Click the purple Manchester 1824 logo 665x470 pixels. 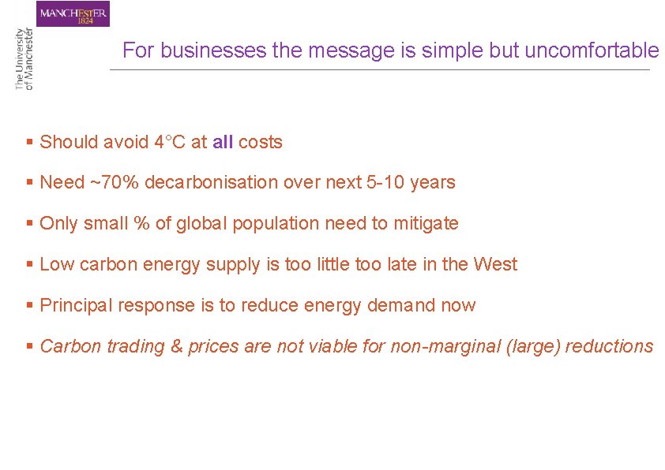[x=73, y=14]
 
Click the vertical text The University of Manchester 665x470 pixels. [x=24, y=58]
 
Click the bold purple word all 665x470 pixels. [x=223, y=143]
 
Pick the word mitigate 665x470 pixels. [x=426, y=224]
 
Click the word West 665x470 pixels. [x=495, y=265]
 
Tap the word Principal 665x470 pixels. [x=76, y=306]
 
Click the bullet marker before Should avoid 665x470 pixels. [x=29, y=143]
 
